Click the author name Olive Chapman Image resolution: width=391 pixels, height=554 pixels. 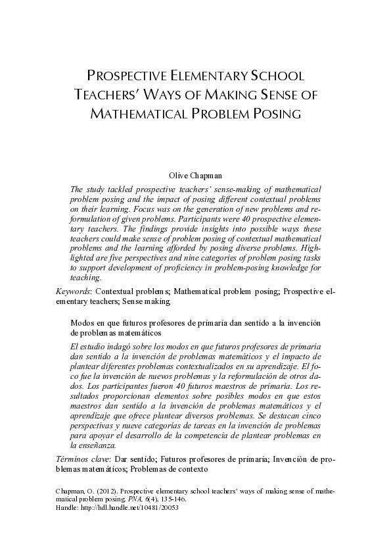click(x=195, y=176)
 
